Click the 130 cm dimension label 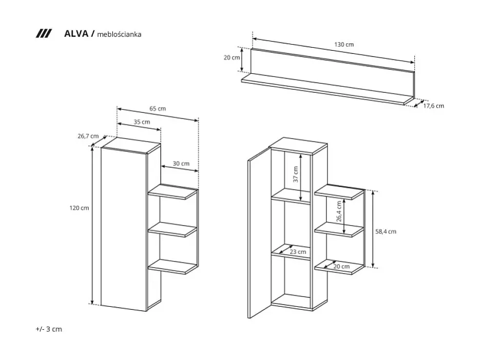(344, 44)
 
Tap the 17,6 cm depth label (433, 106)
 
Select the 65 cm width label (158, 109)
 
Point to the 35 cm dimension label (142, 122)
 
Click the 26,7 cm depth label (87, 136)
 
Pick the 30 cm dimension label (181, 164)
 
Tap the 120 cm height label (80, 208)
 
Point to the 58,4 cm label (386, 231)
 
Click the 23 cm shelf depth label (297, 252)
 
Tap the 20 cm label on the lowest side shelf (341, 266)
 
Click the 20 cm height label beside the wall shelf (232, 57)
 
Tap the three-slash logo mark (44, 34)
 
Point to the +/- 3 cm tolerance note (49, 329)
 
